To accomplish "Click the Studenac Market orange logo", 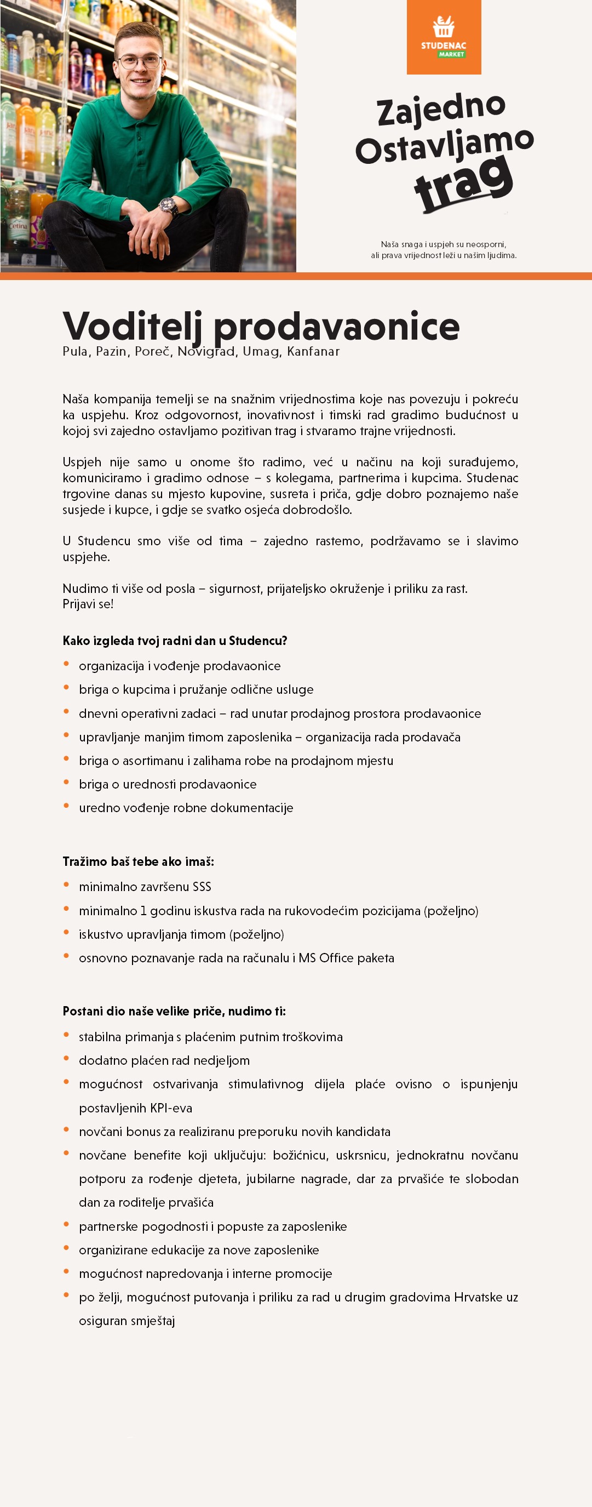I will (x=444, y=37).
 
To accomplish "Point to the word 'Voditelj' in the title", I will (x=133, y=327).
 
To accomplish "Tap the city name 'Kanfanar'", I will (x=313, y=352).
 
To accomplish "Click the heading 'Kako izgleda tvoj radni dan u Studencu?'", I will (x=175, y=641).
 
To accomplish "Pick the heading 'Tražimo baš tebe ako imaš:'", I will (x=139, y=861).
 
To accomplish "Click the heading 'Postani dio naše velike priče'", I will (x=174, y=1012).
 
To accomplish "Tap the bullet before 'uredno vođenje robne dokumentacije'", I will (x=67, y=806).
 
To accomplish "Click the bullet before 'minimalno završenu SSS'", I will (x=67, y=885).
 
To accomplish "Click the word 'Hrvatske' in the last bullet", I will (x=478, y=1297).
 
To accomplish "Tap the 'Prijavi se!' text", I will (x=88, y=604).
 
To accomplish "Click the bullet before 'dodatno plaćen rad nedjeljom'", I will (x=67, y=1059).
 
